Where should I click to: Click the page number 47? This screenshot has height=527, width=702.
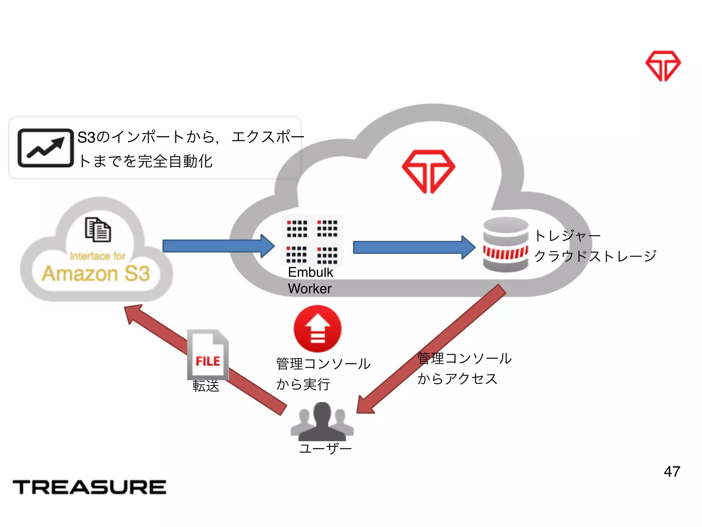point(672,471)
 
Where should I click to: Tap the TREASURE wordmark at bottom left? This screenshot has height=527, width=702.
point(89,487)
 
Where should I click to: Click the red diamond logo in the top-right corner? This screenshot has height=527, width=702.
point(663,66)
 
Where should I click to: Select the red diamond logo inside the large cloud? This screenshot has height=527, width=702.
point(428,171)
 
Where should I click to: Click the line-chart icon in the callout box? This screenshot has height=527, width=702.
point(46,148)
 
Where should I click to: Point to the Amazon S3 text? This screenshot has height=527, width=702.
point(96,273)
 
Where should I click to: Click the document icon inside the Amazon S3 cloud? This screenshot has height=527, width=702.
point(98,230)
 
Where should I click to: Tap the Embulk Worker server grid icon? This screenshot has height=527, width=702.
point(312,240)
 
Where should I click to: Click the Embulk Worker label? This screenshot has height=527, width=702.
point(310,280)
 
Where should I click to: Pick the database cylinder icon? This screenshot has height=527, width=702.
point(506,245)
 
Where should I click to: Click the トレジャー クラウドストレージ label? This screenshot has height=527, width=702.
point(595,246)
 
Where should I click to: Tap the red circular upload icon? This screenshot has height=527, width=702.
point(317,329)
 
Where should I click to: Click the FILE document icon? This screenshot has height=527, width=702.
point(208,355)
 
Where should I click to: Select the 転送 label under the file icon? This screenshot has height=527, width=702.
point(206,386)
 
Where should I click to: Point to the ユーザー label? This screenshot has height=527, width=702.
point(325,448)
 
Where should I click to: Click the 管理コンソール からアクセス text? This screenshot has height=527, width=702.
point(464,368)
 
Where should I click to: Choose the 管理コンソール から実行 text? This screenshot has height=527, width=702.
point(323,374)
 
